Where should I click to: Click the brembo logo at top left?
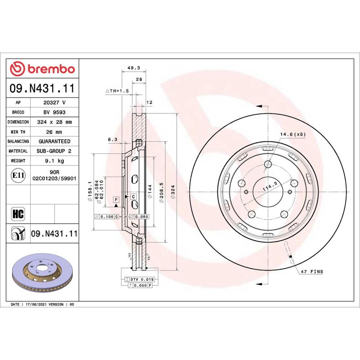pos(42,68)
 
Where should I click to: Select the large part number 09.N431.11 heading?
pos(42,89)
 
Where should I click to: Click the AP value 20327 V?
pos(54,103)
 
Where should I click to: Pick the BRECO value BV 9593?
pos(54,112)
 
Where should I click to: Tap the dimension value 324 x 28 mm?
pos(54,122)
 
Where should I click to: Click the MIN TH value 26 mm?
pos(54,132)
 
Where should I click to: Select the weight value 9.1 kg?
pos(54,161)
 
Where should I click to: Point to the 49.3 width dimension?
pos(134,68)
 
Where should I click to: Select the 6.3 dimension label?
pos(112,139)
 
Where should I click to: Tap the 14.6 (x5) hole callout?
pos(293,134)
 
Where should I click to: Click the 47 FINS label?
pos(311,272)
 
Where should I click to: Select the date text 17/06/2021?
pos(39,305)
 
